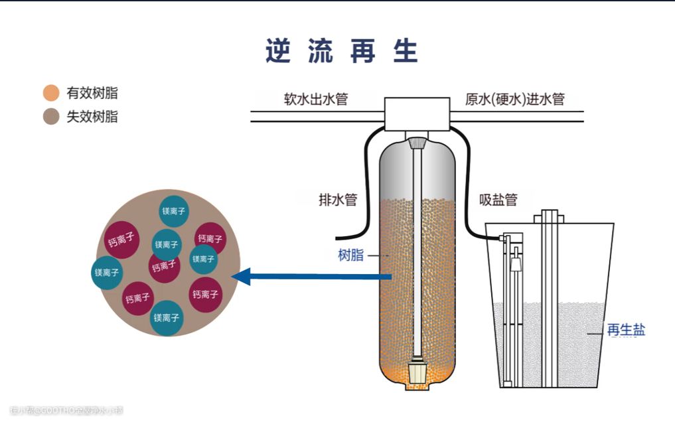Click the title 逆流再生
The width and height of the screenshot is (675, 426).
342,51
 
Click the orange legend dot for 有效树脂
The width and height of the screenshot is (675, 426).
50,93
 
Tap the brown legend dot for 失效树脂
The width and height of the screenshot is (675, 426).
50,117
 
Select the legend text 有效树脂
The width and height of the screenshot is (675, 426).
92,93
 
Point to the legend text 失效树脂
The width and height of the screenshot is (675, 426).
92,117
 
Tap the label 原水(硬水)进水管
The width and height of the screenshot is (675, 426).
515,100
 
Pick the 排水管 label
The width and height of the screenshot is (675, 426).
338,200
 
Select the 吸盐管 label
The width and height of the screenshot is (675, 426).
498,200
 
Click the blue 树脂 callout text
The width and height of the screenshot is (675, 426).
351,255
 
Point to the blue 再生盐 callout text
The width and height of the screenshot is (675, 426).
626,330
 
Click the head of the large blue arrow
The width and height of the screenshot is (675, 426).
240,276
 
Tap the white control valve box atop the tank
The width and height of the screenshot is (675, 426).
417,113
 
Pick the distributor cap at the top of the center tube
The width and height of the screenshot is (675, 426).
417,143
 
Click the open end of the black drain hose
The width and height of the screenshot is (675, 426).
338,237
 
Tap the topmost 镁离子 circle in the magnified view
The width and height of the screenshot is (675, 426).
175,212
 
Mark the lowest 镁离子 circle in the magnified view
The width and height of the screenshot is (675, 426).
166,318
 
